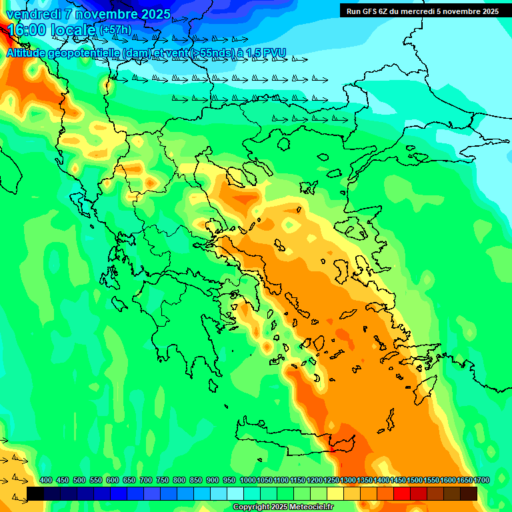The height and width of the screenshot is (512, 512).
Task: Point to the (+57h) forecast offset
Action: tap(115, 31)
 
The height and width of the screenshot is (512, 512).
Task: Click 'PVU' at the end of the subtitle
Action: tap(273, 53)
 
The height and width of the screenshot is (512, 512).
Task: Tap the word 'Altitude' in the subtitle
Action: tap(27, 53)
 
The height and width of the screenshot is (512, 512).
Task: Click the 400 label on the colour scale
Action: tap(46, 480)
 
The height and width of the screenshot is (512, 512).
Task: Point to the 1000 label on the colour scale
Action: tap(247, 480)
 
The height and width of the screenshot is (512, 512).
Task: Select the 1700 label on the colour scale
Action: tap(481, 480)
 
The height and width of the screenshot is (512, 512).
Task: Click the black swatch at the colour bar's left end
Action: tap(35, 494)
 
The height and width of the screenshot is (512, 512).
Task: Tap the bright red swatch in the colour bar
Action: tap(402, 494)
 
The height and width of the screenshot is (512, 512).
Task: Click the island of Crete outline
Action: tap(293, 440)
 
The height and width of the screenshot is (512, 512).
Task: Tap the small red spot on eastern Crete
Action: tap(331, 451)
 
